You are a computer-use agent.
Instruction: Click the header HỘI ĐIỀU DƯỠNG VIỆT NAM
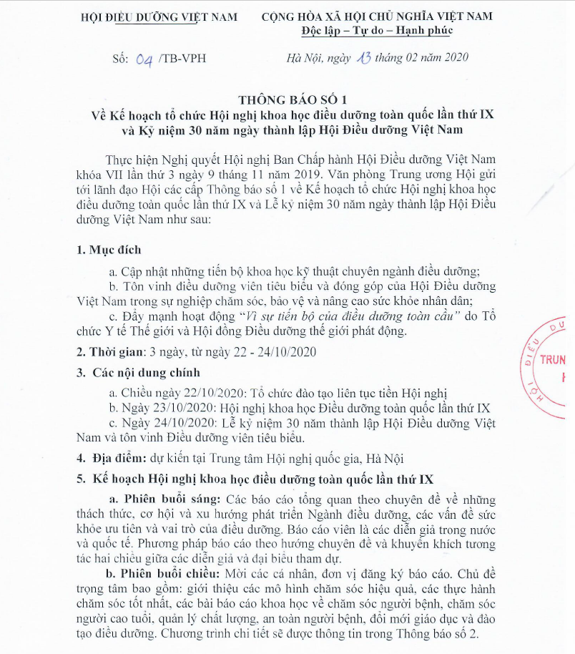(159, 16)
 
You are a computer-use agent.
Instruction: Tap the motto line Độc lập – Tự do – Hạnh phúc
(377, 31)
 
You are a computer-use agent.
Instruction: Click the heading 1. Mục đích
(109, 250)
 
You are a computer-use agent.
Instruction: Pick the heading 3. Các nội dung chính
(139, 372)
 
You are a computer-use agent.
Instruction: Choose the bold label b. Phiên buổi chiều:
(164, 575)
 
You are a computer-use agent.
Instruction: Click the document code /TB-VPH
(184, 59)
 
